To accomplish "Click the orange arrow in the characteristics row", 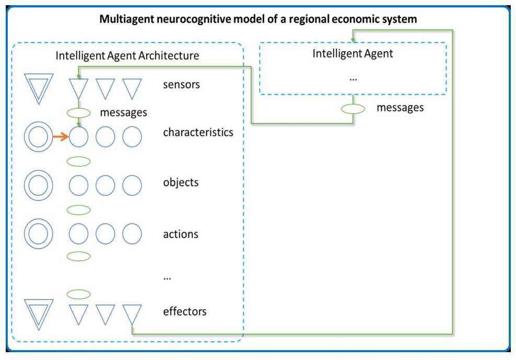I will [x=60, y=137].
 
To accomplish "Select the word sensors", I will [x=181, y=84].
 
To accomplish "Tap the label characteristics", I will [x=198, y=132].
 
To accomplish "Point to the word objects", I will [x=181, y=183].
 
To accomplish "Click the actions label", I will [x=181, y=234].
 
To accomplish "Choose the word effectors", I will [x=185, y=312].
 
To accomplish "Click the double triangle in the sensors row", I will [x=39, y=87].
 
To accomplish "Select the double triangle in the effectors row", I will [x=39, y=313].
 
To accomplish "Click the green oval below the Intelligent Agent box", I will [x=353, y=109].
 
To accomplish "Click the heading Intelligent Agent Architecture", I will [x=127, y=55].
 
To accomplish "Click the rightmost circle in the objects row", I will [x=132, y=185].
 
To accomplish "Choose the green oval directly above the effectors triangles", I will [x=79, y=294].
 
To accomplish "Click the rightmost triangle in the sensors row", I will [x=132, y=87].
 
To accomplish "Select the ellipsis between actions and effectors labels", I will [x=167, y=278].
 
